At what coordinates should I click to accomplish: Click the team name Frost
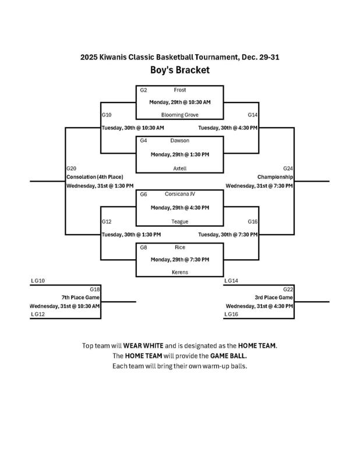(179, 90)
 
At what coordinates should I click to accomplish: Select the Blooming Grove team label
(179, 115)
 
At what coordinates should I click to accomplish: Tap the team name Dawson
(179, 140)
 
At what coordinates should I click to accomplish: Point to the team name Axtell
(179, 167)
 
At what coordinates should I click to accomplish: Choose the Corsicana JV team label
(179, 194)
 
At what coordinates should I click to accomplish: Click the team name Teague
(179, 221)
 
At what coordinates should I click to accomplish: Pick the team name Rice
(179, 247)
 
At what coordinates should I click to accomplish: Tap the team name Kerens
(179, 272)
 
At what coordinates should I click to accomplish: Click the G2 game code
(143, 90)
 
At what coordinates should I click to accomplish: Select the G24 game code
(288, 168)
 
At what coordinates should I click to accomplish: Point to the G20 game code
(72, 168)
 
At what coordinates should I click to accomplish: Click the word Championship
(275, 176)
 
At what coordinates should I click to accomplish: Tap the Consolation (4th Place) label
(94, 176)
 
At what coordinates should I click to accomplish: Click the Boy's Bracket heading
(179, 70)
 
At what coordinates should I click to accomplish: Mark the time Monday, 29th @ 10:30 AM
(179, 102)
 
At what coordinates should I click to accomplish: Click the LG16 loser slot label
(231, 314)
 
